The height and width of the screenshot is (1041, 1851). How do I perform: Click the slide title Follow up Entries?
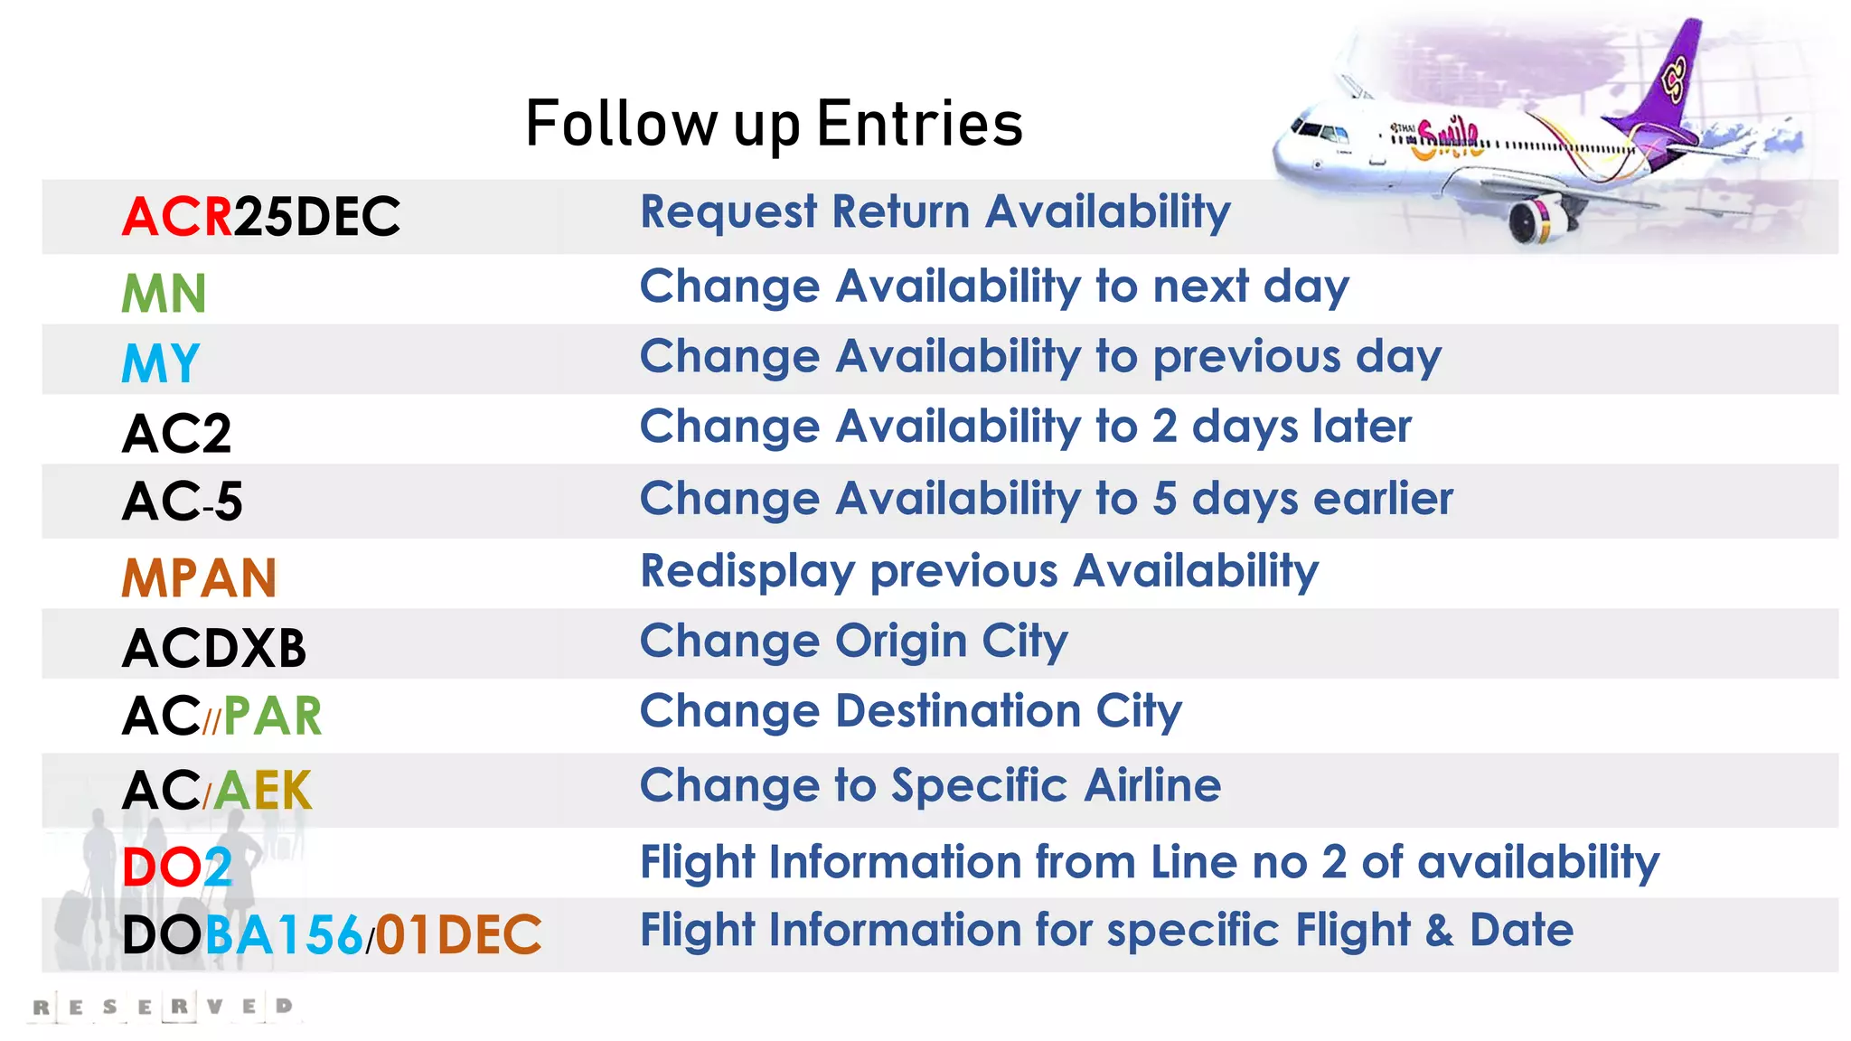coord(774,124)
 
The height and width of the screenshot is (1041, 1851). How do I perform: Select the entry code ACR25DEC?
coord(260,217)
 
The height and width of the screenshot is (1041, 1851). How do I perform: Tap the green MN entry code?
coord(164,294)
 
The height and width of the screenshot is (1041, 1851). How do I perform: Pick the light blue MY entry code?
coord(160,363)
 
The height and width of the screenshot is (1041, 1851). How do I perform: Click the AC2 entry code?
coord(176,433)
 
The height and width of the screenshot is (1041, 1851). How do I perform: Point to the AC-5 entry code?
coord(182,502)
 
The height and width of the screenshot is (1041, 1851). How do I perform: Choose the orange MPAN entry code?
coord(199,578)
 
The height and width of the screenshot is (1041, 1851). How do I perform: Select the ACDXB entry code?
coord(214,648)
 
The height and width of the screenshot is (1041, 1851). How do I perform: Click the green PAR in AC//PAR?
coord(272,717)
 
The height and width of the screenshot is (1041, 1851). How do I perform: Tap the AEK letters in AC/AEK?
coord(263,791)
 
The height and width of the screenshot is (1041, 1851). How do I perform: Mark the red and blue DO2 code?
coord(177,867)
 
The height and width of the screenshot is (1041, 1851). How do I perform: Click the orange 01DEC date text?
coord(458,934)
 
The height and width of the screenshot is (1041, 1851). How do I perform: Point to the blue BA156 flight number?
coord(284,934)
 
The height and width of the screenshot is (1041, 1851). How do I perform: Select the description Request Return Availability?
coord(935,212)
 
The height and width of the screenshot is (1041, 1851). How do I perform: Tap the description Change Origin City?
coord(853,642)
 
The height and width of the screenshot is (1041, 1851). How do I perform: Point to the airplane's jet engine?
coord(1534,220)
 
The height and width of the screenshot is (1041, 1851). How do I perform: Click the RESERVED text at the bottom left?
coord(163,1007)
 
